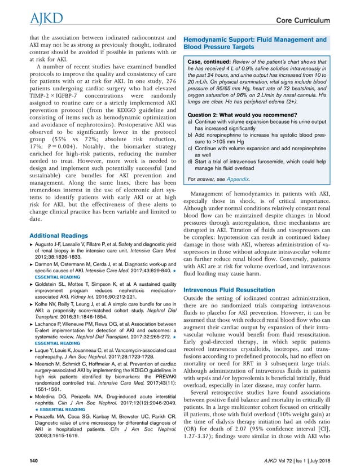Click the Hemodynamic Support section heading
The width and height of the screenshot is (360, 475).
click(x=256, y=43)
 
